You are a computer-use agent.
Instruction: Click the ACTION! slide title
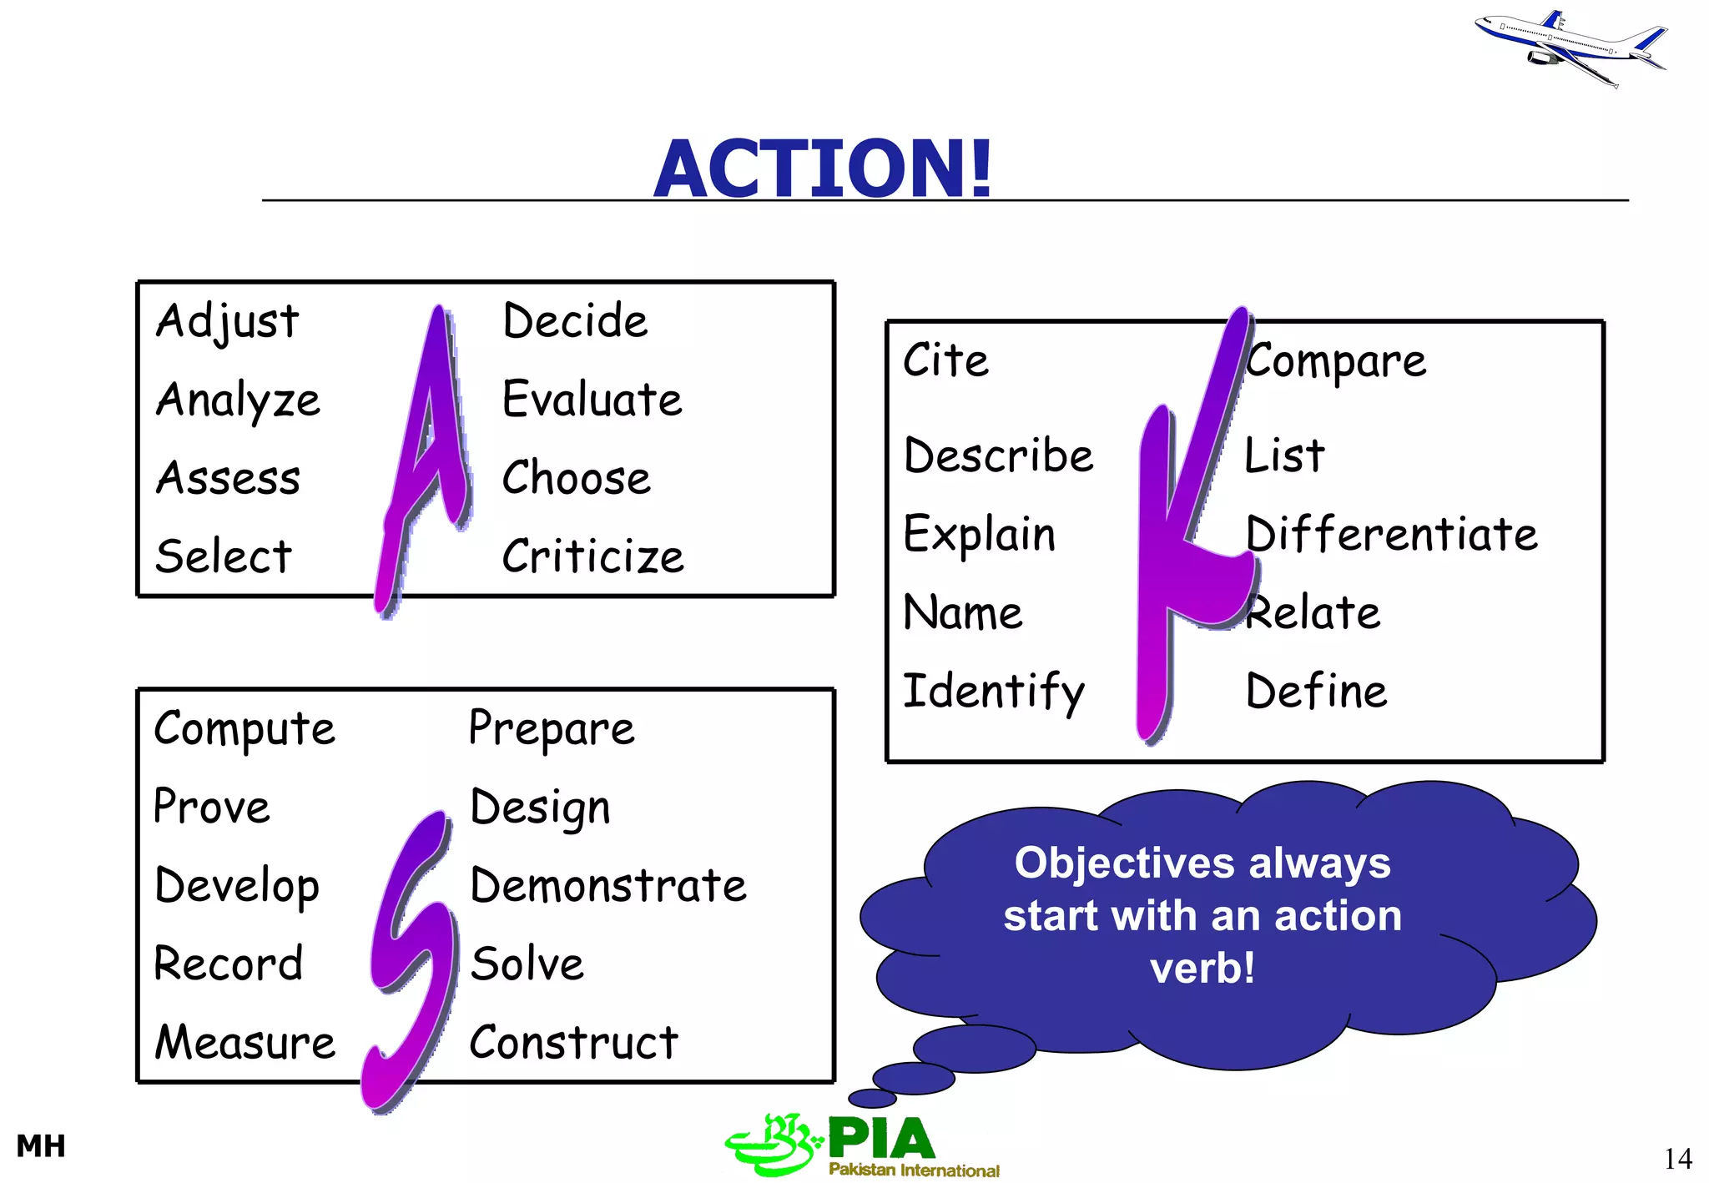click(823, 169)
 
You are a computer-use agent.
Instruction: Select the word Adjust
click(227, 322)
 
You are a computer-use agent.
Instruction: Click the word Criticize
click(592, 556)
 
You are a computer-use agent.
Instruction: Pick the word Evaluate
click(592, 399)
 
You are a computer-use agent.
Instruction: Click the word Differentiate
click(1391, 534)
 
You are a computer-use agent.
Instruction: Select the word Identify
click(994, 692)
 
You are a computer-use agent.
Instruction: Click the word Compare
click(1336, 361)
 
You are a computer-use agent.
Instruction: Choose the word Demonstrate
click(608, 886)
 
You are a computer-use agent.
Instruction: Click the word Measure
click(245, 1043)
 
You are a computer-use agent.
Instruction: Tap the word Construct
click(574, 1043)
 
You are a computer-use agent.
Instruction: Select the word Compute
click(245, 730)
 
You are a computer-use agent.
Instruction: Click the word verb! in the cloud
click(1202, 969)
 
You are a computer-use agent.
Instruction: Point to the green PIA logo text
click(881, 1140)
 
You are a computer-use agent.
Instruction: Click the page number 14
click(1677, 1159)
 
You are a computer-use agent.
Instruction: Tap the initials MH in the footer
click(41, 1146)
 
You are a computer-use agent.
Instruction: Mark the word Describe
click(999, 456)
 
